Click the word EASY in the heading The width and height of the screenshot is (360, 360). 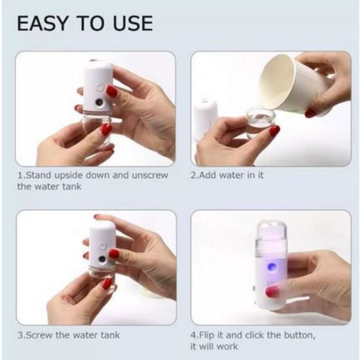[x=42, y=23]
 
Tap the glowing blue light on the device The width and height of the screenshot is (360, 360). [x=272, y=267]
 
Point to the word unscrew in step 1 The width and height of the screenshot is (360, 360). [x=150, y=175]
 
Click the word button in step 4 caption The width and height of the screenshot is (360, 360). [x=299, y=335]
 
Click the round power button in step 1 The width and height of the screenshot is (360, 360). [x=99, y=87]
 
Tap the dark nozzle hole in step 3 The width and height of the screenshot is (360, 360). [x=102, y=260]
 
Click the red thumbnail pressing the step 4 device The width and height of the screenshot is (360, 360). [x=272, y=292]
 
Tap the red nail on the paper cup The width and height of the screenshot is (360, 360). [x=310, y=113]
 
